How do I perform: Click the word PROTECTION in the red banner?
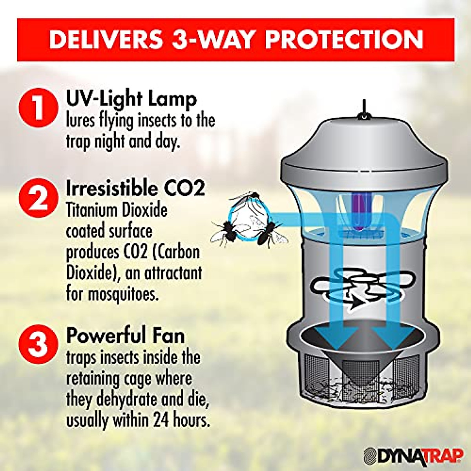pyautogui.click(x=344, y=39)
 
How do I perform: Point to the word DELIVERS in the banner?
pyautogui.click(x=106, y=39)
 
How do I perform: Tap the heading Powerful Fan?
pyautogui.click(x=125, y=336)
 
